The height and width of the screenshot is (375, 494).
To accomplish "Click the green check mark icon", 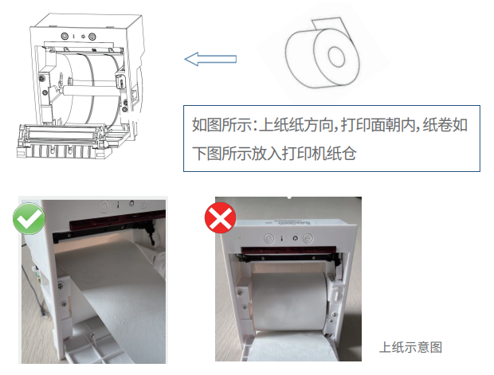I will coord(28,218).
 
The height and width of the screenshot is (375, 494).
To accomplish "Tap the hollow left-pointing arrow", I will coord(210,58).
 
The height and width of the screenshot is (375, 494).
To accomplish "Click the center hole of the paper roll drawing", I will coord(334,57).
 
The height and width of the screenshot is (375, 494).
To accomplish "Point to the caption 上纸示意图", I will coord(410,347).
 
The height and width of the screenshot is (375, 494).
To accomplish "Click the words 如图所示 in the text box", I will coord(219,125).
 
